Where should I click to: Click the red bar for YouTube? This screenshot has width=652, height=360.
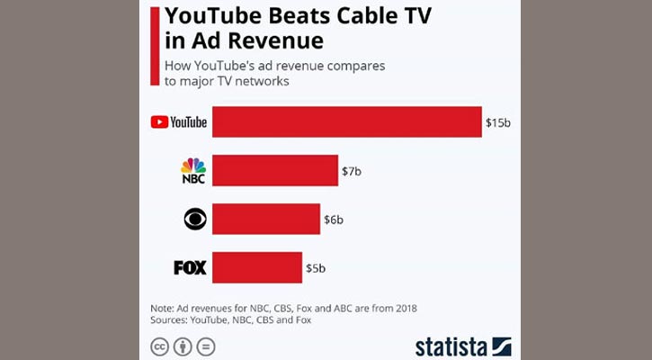pos(346,122)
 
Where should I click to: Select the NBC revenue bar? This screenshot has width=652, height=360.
pos(274,170)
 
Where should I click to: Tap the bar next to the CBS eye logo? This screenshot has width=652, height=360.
pos(265,219)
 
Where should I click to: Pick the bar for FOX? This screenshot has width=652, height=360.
pos(256,267)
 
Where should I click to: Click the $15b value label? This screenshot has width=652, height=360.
pos(497,122)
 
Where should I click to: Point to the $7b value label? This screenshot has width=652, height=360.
pos(352,170)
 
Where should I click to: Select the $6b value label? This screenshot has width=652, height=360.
pos(334,219)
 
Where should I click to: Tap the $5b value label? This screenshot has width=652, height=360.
pos(316,267)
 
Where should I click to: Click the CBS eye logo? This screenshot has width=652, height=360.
pos(194,219)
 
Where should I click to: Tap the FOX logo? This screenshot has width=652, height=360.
pos(190,267)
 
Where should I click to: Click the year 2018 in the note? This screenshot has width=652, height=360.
pos(403,308)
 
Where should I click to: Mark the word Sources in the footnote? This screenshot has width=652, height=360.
pos(173,319)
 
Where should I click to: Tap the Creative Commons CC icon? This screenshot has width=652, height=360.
pos(158,346)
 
